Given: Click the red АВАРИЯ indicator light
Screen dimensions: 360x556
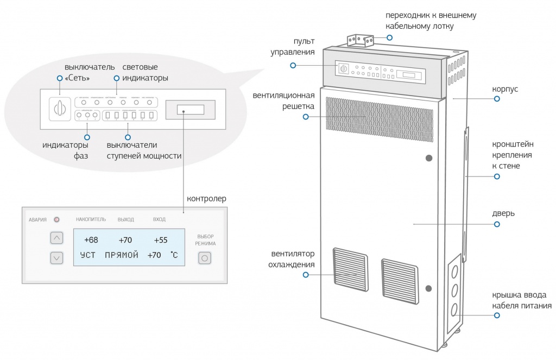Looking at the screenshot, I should (x=56, y=220).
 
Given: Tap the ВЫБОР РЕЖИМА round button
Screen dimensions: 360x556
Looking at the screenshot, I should (x=205, y=258).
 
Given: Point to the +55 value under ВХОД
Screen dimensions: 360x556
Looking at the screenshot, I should (x=160, y=239).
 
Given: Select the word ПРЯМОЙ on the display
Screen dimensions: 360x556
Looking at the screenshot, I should (x=122, y=255).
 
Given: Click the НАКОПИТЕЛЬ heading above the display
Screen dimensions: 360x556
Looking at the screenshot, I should (x=87, y=219).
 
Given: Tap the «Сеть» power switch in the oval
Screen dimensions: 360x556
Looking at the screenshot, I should (x=60, y=110).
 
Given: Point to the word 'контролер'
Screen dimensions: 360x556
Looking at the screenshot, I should (x=206, y=199).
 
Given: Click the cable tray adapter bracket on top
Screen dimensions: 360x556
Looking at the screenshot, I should (x=360, y=41).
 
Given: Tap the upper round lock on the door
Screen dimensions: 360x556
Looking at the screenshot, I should (x=429, y=158).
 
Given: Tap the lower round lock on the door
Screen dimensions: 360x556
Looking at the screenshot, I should (x=428, y=288).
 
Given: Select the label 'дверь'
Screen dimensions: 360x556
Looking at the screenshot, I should (x=504, y=213).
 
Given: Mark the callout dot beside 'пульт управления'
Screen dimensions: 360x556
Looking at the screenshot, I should (x=293, y=65).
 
